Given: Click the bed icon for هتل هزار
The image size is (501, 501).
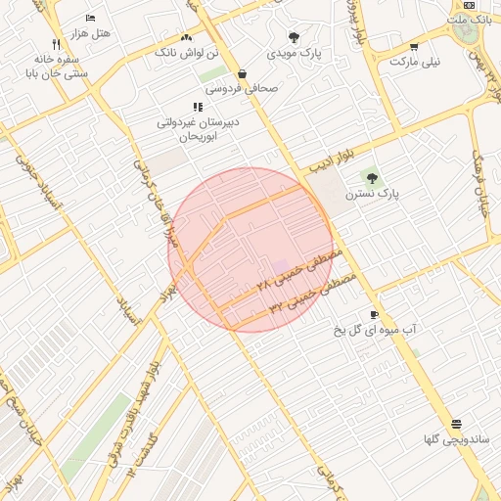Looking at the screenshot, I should (91, 19).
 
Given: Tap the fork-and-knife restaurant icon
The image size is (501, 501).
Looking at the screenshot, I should (56, 44).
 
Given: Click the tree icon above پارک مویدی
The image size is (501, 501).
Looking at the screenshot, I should (294, 36).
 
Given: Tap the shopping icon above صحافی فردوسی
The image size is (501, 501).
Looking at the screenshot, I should (242, 73).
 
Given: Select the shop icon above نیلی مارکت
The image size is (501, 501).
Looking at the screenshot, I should (414, 47).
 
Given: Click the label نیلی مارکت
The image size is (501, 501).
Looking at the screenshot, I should (415, 61).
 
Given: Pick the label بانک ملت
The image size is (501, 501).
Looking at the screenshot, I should (469, 20).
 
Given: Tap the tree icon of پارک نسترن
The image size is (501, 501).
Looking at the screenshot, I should (371, 176).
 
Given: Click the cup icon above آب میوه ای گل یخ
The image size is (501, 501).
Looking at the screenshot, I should (374, 314).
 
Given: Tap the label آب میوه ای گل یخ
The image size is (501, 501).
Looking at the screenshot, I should (374, 330).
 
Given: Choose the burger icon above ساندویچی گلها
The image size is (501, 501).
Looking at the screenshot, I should (456, 424).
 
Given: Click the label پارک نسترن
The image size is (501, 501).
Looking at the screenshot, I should (373, 194).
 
